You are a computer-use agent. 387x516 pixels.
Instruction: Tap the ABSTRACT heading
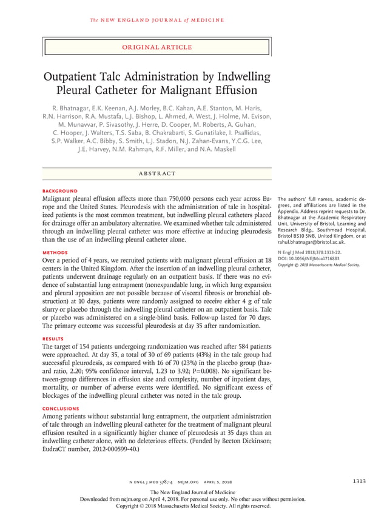point(156,173)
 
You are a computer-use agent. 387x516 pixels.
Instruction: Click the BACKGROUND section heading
point(59,190)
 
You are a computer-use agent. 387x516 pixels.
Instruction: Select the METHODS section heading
point(55,250)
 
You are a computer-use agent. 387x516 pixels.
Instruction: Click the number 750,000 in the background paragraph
point(177,198)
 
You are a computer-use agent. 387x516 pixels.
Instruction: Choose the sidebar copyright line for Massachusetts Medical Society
point(318,265)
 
